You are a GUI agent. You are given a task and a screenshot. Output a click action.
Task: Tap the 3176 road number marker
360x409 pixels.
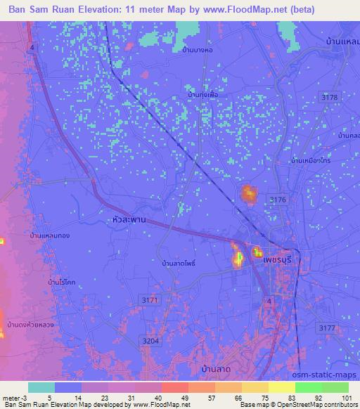278,200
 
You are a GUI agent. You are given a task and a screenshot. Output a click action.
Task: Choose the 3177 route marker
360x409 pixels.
326,328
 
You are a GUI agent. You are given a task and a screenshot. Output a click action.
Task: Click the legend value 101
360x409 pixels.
345,398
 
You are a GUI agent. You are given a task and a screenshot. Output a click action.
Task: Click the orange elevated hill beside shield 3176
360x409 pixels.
248,194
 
